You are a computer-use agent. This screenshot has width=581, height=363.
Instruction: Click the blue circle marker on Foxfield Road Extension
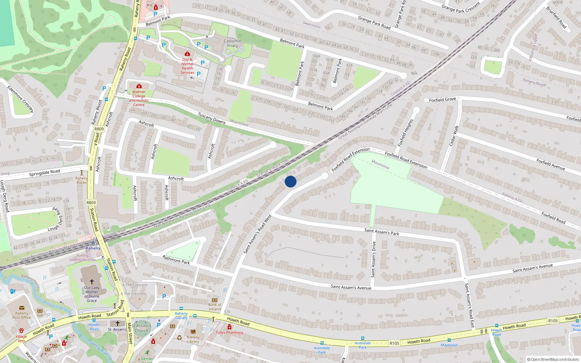pos(290,181)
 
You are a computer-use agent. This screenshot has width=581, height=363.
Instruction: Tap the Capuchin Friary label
pos(232,43)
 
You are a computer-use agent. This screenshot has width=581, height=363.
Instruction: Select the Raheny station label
pos(93,248)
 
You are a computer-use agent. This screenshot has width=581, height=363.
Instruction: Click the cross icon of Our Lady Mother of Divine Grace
pos(92,281)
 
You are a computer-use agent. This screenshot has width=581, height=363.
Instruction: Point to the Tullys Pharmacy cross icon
pos(229,327)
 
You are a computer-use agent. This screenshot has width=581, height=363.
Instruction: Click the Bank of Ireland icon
pos(215,300)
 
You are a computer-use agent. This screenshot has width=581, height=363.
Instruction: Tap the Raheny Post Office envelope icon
pos(21,308)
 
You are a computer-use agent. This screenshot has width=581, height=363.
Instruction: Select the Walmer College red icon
pos(139,86)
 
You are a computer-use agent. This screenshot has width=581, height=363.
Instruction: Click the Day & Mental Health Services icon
pos(187,54)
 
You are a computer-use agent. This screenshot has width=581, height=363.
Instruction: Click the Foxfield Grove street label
pos(442,99)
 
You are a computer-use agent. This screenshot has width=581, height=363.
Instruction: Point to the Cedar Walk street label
pos(454,136)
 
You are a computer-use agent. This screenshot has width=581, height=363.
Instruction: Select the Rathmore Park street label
pos(176,260)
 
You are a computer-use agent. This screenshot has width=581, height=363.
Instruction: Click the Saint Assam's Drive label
pos(373,260)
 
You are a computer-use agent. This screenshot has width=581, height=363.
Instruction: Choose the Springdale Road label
pos(44,173)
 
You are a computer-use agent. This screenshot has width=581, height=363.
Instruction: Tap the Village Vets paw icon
pos(21,331)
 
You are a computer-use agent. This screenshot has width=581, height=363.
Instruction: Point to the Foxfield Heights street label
pos(406,132)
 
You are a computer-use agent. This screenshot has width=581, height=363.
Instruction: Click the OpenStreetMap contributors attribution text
pos(553,359)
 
